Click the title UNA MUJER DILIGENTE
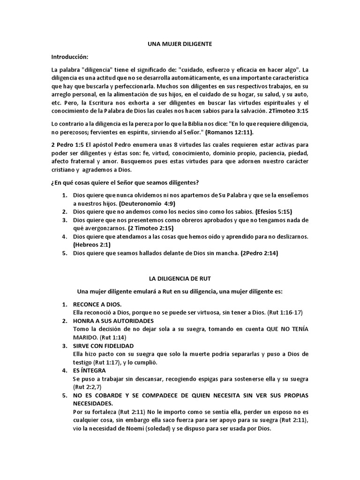pos(180,44)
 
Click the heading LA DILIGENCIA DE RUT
pos(180,278)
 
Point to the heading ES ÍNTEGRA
pos(86,370)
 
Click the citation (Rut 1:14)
pos(110,337)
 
